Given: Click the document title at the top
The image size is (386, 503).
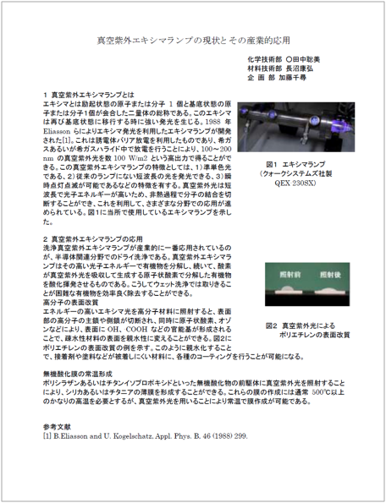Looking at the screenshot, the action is (x=193, y=41).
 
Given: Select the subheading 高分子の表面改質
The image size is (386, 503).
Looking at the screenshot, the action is (x=73, y=302).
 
